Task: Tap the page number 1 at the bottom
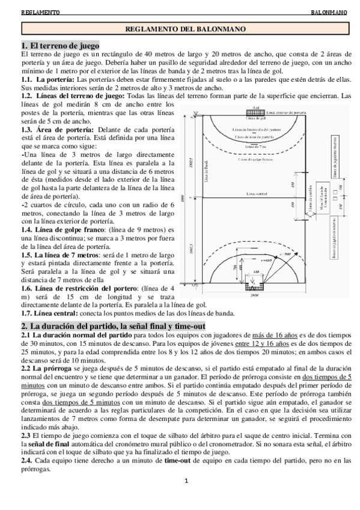click(x=186, y=480)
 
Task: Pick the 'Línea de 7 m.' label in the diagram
click(x=255, y=146)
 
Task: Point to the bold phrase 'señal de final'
click(x=43, y=443)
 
